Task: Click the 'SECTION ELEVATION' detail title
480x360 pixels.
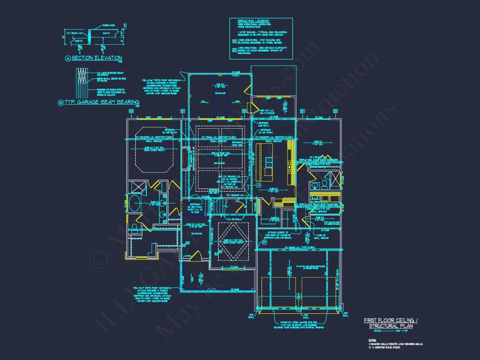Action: tap(96, 58)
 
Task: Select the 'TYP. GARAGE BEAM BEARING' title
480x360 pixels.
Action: tap(102, 102)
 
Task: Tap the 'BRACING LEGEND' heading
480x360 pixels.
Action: tap(254, 21)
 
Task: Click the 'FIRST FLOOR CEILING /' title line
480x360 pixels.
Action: tap(391, 321)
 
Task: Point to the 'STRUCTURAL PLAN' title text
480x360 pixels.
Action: tap(390, 326)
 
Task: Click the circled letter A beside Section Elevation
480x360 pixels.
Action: tap(68, 58)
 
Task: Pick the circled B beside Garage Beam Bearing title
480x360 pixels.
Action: tap(61, 103)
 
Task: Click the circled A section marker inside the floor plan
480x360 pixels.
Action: tap(258, 185)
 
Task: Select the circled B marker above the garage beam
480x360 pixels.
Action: tap(299, 296)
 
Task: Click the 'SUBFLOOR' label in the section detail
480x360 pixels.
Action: tap(109, 26)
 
